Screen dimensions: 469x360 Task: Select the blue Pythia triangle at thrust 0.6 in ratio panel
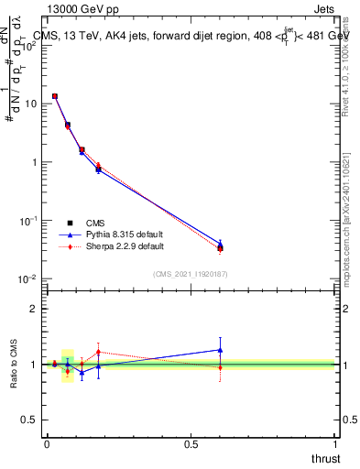tap(220, 349)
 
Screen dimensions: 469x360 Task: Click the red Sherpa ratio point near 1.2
tap(98, 352)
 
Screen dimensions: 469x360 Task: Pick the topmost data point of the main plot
tap(55, 96)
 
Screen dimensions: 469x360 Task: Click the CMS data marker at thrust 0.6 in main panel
tap(220, 247)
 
